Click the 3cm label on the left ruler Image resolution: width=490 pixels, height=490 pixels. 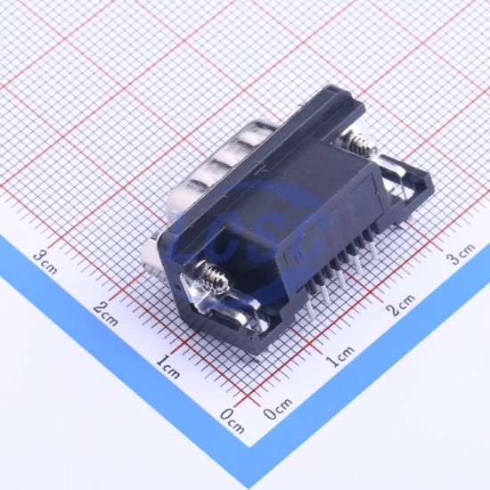(x=45, y=263)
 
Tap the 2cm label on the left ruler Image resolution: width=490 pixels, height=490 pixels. (x=106, y=314)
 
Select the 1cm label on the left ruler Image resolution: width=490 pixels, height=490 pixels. (x=167, y=366)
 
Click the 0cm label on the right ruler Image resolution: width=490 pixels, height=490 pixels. (x=277, y=408)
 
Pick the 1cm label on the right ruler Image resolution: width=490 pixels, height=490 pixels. (x=340, y=355)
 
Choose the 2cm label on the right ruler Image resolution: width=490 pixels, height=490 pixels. (x=401, y=304)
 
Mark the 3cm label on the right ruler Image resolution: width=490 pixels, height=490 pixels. (x=461, y=253)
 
